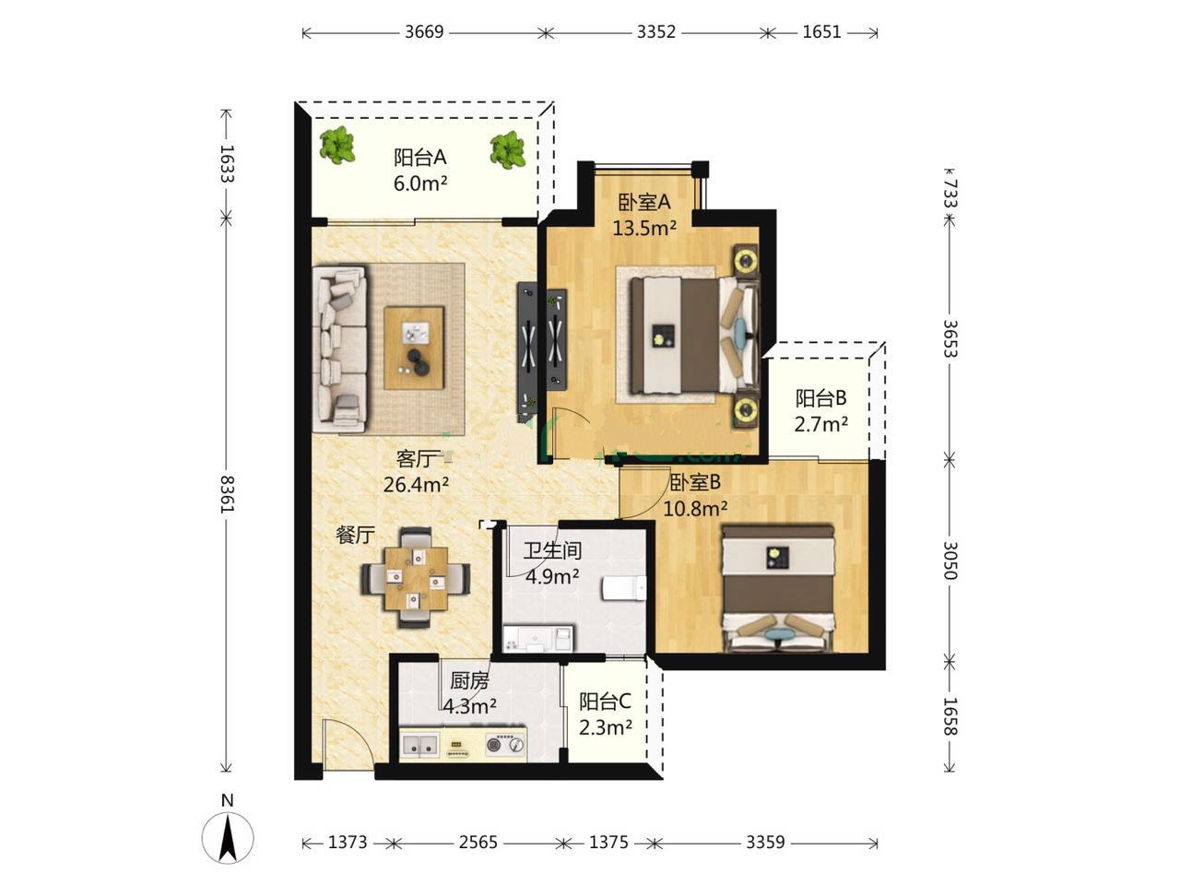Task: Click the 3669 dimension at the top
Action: click(x=424, y=32)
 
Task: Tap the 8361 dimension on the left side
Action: click(x=227, y=494)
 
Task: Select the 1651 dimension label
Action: click(x=821, y=32)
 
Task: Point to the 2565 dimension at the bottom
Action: click(x=478, y=842)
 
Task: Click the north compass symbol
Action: click(x=228, y=837)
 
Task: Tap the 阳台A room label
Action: click(x=420, y=158)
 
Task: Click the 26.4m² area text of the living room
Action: click(x=416, y=485)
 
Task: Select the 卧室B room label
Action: click(x=694, y=482)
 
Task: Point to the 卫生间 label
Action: click(x=552, y=550)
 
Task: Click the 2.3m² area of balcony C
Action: click(x=606, y=727)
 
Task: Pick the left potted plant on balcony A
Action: click(x=337, y=145)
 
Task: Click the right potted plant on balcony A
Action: click(x=507, y=149)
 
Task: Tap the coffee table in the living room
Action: click(x=415, y=348)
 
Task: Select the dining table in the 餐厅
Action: click(x=416, y=579)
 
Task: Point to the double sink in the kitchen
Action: click(x=420, y=745)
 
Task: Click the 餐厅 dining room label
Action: click(x=355, y=535)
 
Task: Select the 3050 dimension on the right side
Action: click(x=950, y=560)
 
